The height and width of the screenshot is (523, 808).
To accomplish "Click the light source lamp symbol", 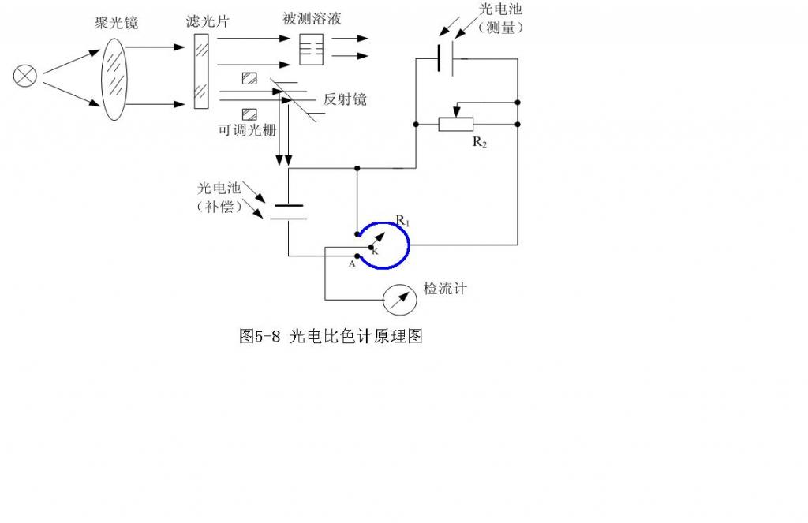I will (x=25, y=76).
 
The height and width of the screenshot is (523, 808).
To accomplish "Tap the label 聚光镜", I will (x=116, y=23).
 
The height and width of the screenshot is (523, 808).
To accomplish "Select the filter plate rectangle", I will (x=201, y=73).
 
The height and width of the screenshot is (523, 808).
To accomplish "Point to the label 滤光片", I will (x=202, y=21).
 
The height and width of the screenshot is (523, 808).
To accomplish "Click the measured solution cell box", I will (x=312, y=50).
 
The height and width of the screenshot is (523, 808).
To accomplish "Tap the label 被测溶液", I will (x=312, y=18).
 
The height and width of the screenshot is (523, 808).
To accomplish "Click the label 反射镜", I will (x=344, y=100).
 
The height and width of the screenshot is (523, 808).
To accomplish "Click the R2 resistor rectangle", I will (x=456, y=124).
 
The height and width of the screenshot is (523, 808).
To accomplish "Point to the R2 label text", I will (x=479, y=142).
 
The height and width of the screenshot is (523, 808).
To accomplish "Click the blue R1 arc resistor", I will (x=405, y=245).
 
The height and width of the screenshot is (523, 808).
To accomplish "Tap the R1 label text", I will (x=402, y=222).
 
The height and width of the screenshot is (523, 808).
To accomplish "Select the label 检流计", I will (x=445, y=289).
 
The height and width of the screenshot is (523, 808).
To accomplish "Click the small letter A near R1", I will (x=352, y=265).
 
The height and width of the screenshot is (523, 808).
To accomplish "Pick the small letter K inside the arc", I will (x=375, y=251).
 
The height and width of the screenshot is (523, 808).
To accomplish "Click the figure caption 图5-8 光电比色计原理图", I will (x=331, y=337).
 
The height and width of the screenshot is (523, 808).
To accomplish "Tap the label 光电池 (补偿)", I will (x=219, y=199).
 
